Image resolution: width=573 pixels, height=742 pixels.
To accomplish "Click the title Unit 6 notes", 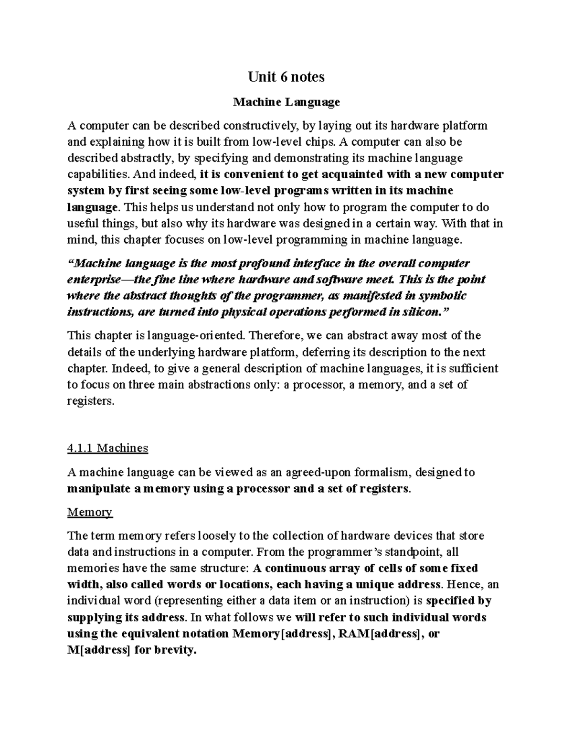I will pos(286,77).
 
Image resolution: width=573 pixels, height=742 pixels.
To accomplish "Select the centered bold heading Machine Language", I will pos(286,102).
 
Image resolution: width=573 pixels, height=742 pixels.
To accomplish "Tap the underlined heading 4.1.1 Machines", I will pos(108,448).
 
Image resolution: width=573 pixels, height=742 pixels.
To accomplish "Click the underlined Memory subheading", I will pos(90,513).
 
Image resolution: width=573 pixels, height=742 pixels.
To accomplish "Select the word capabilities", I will pos(93,174).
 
